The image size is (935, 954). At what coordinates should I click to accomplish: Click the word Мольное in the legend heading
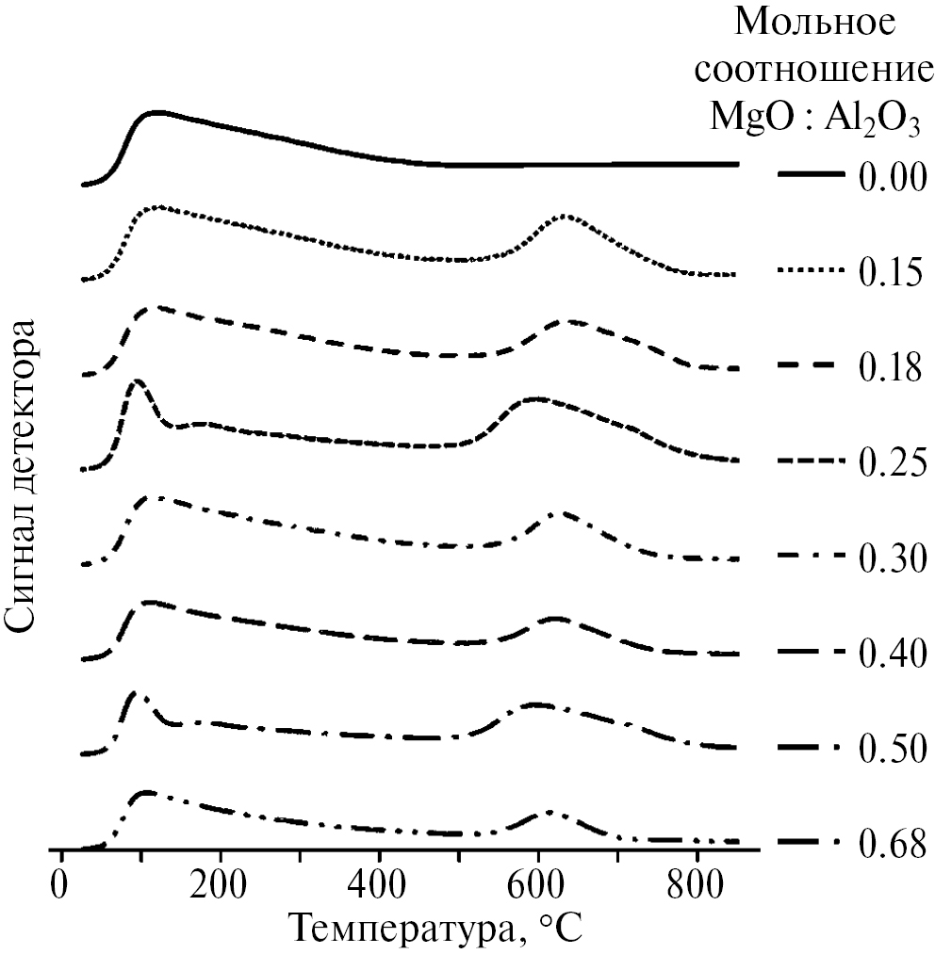[815, 23]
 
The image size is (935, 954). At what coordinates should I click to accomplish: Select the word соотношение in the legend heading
[815, 71]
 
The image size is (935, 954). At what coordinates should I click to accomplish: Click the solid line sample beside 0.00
[811, 175]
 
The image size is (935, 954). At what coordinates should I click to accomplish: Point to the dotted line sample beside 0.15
[811, 271]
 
